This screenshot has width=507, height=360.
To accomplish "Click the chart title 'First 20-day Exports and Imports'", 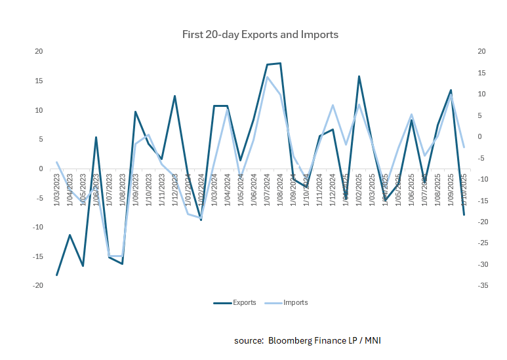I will point(260,34).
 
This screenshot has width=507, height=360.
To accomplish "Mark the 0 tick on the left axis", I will point(41,169).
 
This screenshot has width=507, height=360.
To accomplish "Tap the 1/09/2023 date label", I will point(135,188).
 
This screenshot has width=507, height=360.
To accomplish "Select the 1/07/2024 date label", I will point(267,188).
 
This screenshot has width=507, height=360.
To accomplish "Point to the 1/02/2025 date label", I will point(359,188).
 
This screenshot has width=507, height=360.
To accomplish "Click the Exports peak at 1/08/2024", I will point(280,64).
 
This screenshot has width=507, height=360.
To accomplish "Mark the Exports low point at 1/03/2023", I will point(57,275).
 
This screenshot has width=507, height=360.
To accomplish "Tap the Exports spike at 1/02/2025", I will point(359,77).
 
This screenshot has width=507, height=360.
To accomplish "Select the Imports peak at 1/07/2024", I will point(267,77).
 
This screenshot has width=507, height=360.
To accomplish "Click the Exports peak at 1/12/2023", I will point(175,96).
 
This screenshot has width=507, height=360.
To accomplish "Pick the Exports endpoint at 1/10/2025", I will point(464,215).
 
